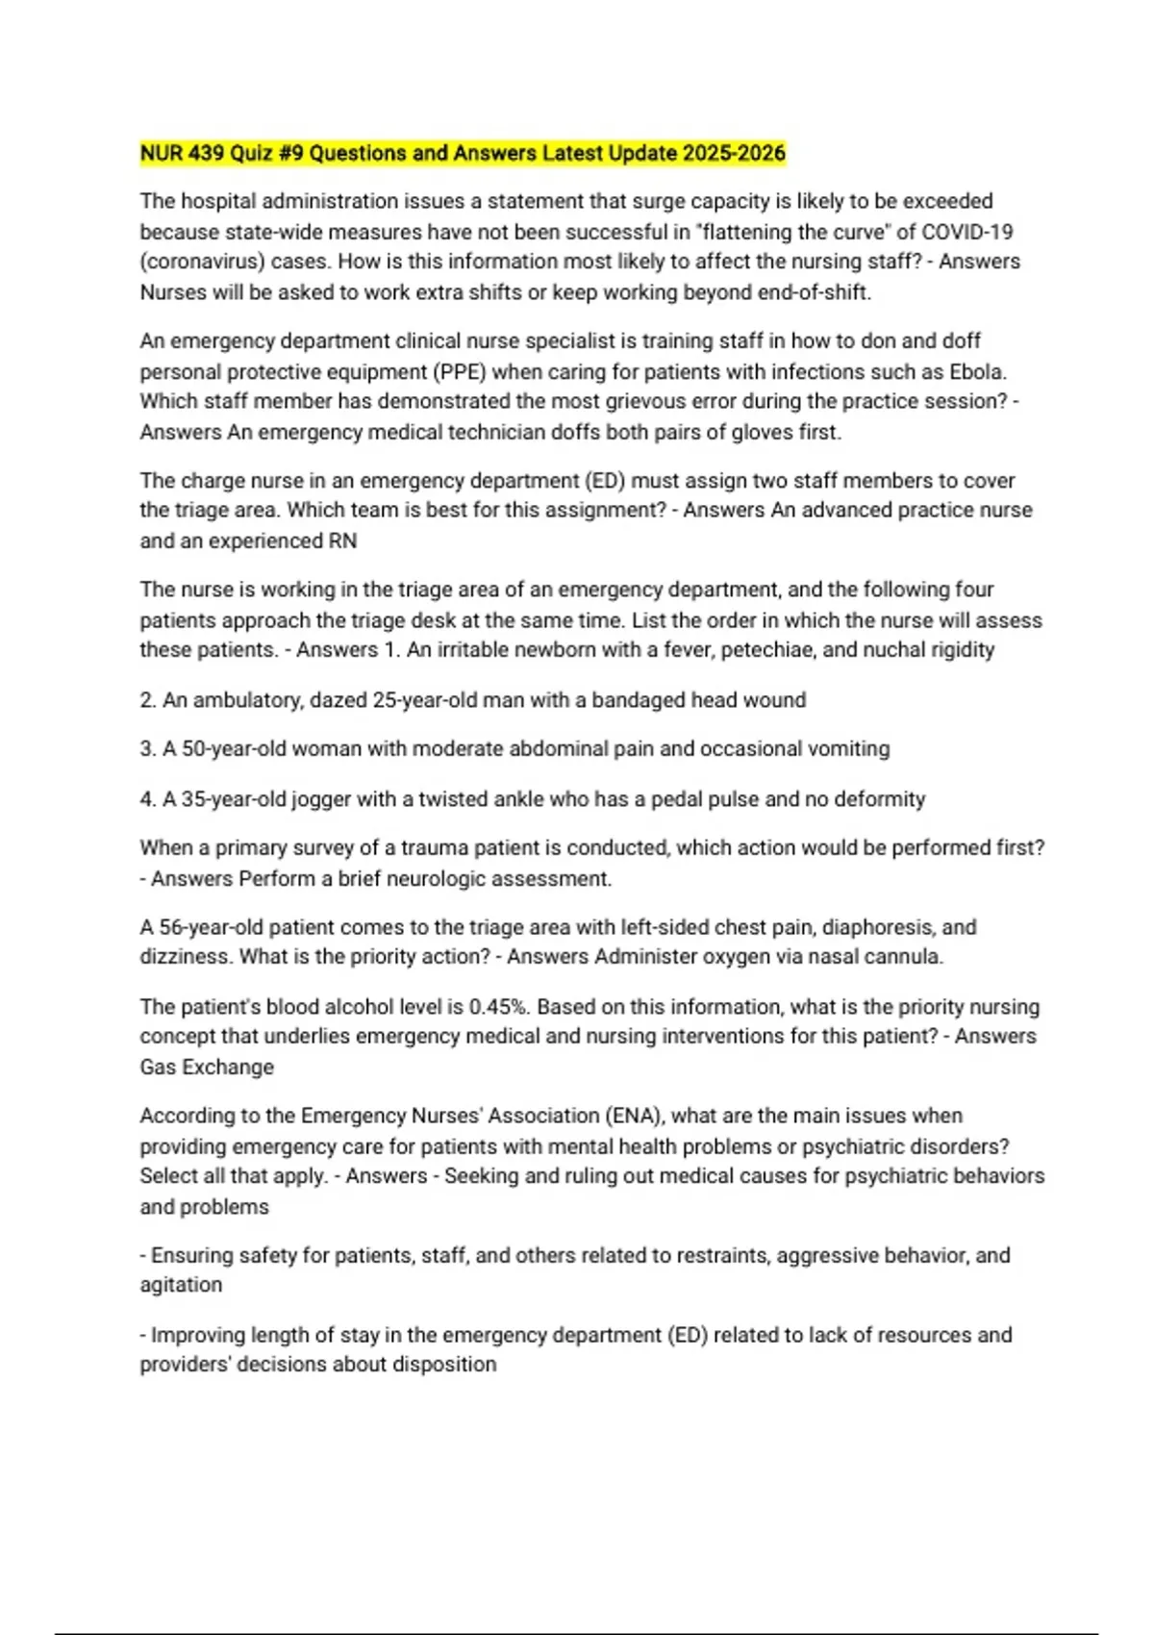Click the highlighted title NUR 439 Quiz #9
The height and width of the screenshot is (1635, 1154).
pyautogui.click(x=463, y=153)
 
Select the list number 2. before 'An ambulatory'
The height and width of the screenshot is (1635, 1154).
pyautogui.click(x=148, y=700)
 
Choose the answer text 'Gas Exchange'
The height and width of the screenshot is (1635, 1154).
pyautogui.click(x=207, y=1067)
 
